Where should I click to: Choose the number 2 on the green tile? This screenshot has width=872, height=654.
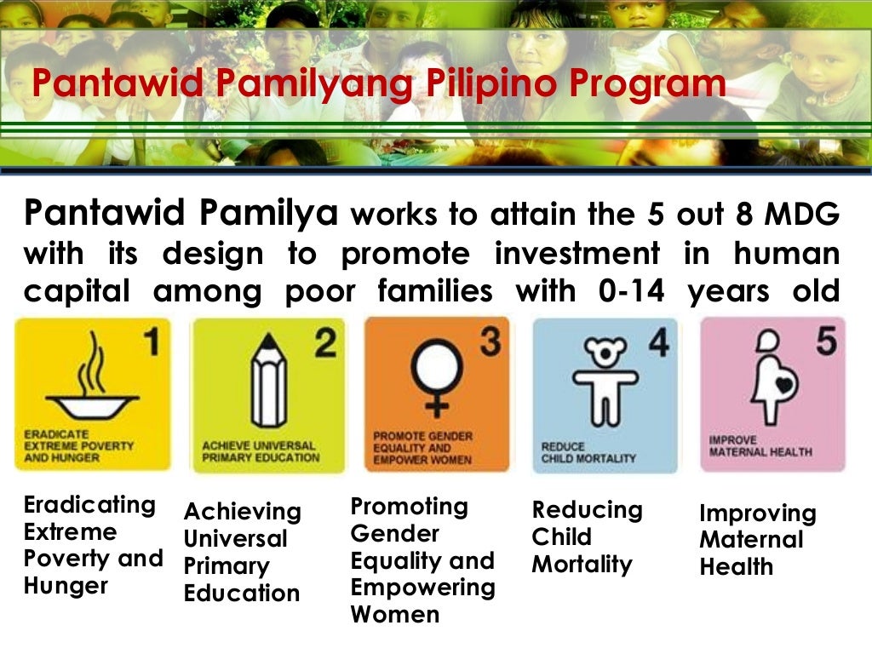click(x=324, y=342)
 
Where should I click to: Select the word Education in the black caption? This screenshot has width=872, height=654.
click(x=242, y=594)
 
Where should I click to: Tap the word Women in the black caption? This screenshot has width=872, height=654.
click(x=395, y=614)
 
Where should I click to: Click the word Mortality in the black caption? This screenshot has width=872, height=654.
click(x=582, y=565)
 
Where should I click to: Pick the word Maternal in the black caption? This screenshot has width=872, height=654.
click(x=751, y=540)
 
